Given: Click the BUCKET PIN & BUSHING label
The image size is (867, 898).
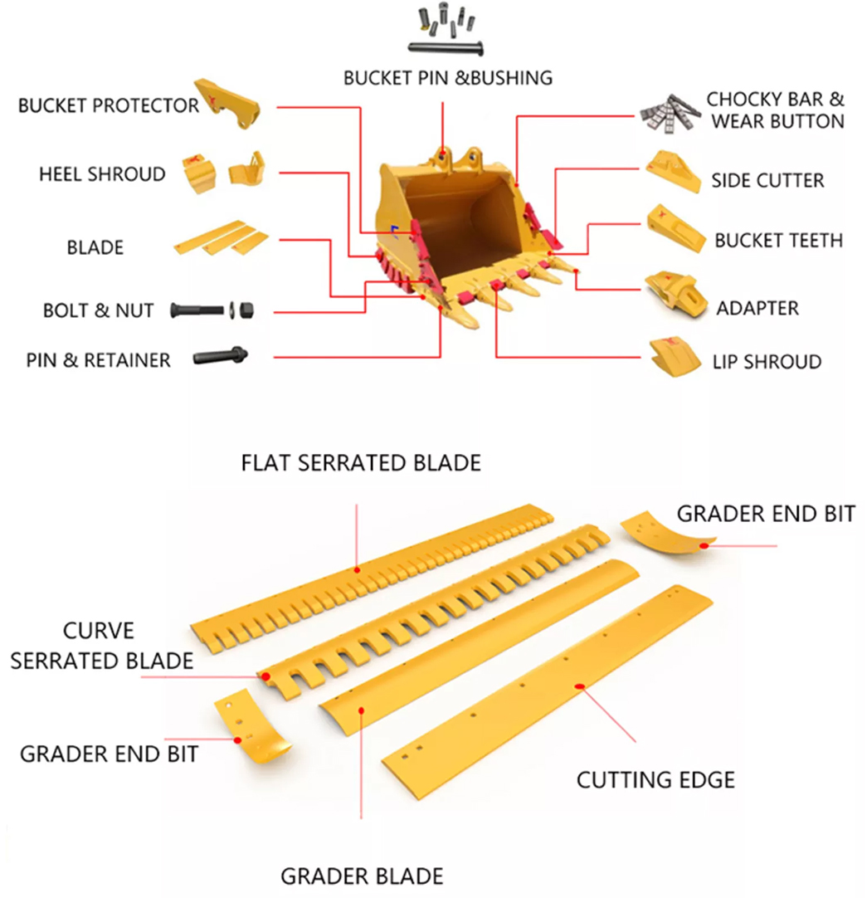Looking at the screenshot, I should tap(447, 77).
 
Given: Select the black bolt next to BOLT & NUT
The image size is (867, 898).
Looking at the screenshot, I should tap(197, 310).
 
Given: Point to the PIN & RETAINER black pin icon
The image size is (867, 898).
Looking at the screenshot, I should tap(220, 357).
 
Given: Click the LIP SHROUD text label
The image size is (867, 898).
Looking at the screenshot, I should tap(767, 362).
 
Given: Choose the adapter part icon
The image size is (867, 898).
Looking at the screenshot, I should tap(675, 293).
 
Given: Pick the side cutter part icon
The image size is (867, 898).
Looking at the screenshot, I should tap(673, 169).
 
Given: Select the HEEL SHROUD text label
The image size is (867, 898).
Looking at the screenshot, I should tap(102, 175).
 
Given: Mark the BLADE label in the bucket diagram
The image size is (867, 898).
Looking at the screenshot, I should tap(95, 247).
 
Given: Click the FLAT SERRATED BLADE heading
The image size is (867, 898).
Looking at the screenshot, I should tap(361, 462).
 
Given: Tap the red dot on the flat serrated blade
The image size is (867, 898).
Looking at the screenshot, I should tap(357, 569).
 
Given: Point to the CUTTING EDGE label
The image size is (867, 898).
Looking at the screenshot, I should tap(655, 780).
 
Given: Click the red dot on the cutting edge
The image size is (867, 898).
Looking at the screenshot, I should tap(581, 686).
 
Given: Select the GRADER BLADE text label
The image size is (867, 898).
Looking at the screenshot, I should tap(361, 876).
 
